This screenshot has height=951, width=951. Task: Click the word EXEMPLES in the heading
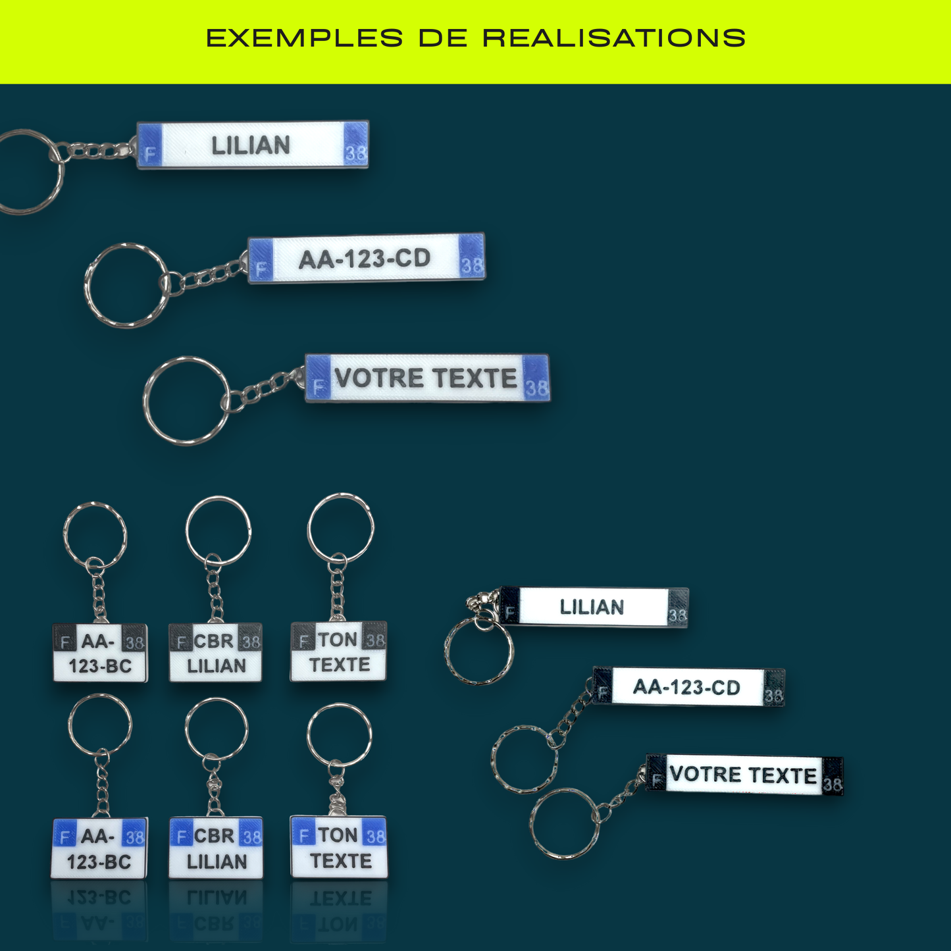tap(304, 38)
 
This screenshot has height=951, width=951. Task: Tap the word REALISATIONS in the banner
tap(614, 38)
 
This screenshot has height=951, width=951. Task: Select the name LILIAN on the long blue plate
tap(251, 145)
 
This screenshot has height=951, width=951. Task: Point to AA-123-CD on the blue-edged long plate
tap(365, 259)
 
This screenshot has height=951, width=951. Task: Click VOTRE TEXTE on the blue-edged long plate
tap(426, 378)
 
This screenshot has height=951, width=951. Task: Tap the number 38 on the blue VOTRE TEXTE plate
tap(536, 388)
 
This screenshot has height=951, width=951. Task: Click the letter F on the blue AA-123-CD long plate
tap(261, 269)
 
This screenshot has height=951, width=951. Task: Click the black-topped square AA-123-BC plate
tap(100, 653)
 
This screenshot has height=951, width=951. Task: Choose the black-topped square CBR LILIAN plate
tap(216, 653)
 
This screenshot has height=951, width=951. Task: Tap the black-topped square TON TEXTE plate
tap(339, 652)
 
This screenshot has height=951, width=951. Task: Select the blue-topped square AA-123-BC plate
tap(99, 848)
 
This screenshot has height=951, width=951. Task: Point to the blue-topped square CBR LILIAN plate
tap(216, 848)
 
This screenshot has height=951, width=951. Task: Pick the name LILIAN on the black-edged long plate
tap(592, 607)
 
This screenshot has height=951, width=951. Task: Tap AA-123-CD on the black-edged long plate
tap(686, 688)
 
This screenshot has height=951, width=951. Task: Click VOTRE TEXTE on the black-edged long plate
tap(743, 775)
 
